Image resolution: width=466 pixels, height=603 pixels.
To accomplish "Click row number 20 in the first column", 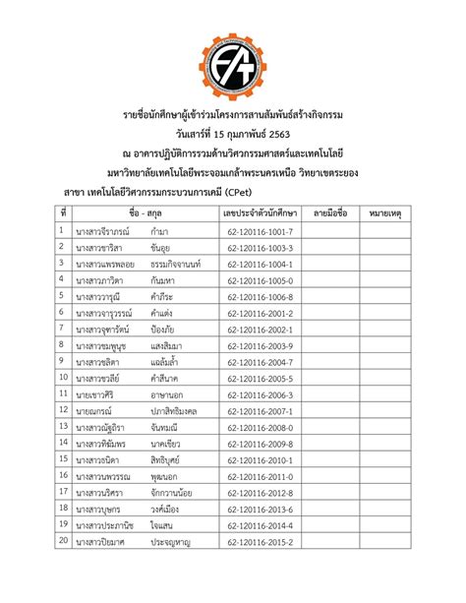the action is point(64,541).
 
